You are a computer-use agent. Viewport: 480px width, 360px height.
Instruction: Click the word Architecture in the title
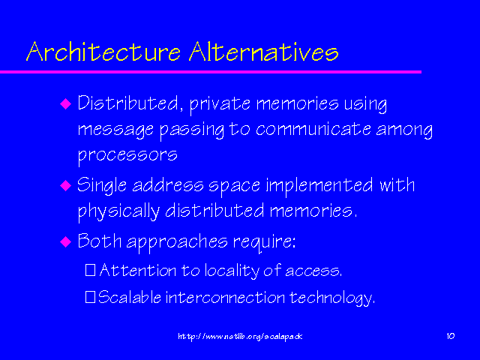click(x=103, y=51)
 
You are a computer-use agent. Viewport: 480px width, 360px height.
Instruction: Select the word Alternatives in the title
click(x=264, y=51)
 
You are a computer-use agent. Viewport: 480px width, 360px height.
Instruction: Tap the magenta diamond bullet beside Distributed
click(x=65, y=103)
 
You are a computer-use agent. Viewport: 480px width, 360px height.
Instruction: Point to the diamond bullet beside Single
click(x=65, y=185)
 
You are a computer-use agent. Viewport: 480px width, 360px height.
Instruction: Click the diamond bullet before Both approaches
click(x=65, y=241)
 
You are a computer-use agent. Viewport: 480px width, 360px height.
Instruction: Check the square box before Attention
click(x=90, y=270)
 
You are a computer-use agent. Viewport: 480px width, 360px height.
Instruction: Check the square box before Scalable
click(x=90, y=297)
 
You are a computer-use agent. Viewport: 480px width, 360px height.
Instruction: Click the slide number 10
click(x=451, y=336)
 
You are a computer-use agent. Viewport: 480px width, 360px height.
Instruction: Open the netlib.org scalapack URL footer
click(x=240, y=337)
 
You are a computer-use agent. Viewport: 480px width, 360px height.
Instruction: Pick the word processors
click(x=127, y=155)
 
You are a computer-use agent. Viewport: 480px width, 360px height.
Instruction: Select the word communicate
click(x=313, y=129)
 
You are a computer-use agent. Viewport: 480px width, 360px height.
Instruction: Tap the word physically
click(x=118, y=211)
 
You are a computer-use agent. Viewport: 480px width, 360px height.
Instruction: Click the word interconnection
click(x=225, y=297)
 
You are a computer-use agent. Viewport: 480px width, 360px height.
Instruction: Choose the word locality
click(x=232, y=271)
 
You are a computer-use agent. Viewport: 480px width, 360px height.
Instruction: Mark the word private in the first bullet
click(x=220, y=104)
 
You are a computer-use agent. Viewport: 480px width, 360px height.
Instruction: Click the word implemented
click(x=319, y=186)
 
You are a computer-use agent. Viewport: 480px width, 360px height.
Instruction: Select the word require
click(x=264, y=242)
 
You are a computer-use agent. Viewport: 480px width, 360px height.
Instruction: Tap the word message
click(x=115, y=130)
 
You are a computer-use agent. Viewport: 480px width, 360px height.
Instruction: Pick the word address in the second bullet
click(x=168, y=185)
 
